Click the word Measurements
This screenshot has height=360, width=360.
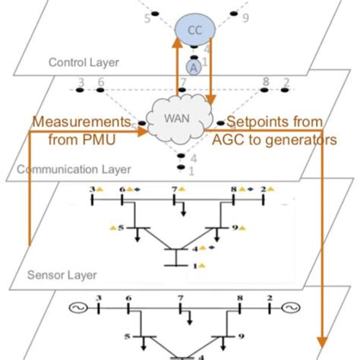click(x=74, y=122)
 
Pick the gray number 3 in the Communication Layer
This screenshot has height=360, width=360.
click(x=81, y=82)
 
